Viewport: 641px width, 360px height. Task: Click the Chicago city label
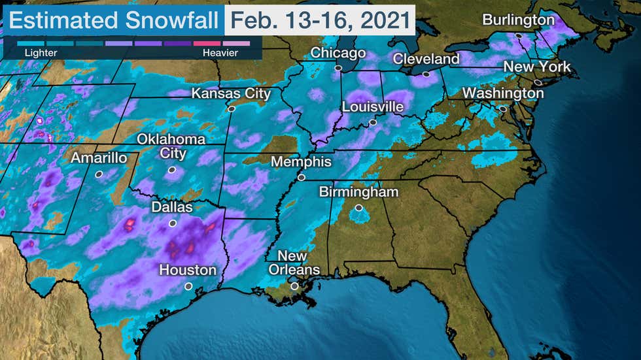tap(338, 53)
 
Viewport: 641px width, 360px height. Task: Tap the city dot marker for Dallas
tap(173, 223)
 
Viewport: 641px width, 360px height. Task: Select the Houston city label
tap(188, 270)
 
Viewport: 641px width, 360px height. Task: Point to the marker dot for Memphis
tap(302, 177)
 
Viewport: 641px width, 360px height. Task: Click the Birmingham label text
tap(358, 192)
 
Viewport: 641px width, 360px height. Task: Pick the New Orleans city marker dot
tap(294, 286)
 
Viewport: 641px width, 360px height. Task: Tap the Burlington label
tap(518, 20)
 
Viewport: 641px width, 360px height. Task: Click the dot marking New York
tap(537, 82)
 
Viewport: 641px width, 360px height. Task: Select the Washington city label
tap(503, 93)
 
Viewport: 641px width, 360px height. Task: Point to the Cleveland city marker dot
tap(426, 74)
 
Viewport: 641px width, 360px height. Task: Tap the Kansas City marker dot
tap(231, 109)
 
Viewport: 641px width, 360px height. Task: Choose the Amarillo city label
tap(99, 158)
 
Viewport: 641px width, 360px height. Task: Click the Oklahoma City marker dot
tap(171, 169)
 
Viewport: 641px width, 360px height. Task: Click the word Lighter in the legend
tap(36, 52)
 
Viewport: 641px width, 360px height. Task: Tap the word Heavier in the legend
tap(220, 52)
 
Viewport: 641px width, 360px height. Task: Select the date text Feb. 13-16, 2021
tap(320, 20)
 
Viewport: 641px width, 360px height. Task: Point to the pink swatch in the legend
tap(206, 43)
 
